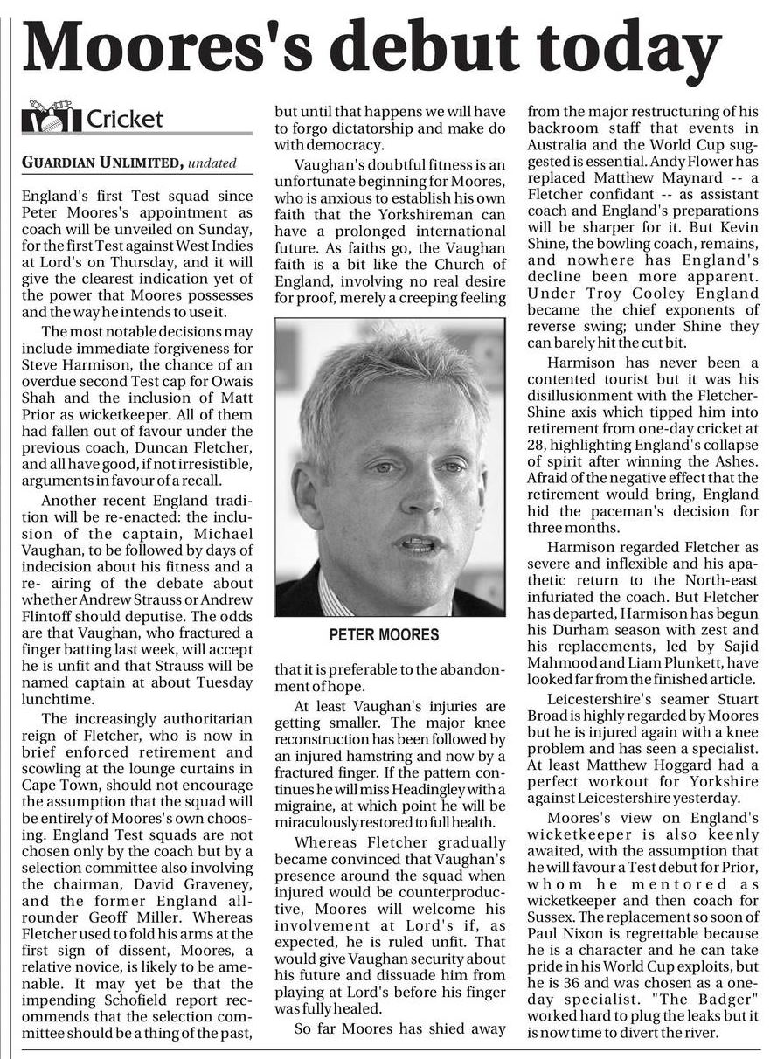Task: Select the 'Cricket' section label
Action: click(125, 119)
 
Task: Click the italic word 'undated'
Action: click(212, 163)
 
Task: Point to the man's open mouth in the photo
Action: click(416, 543)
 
